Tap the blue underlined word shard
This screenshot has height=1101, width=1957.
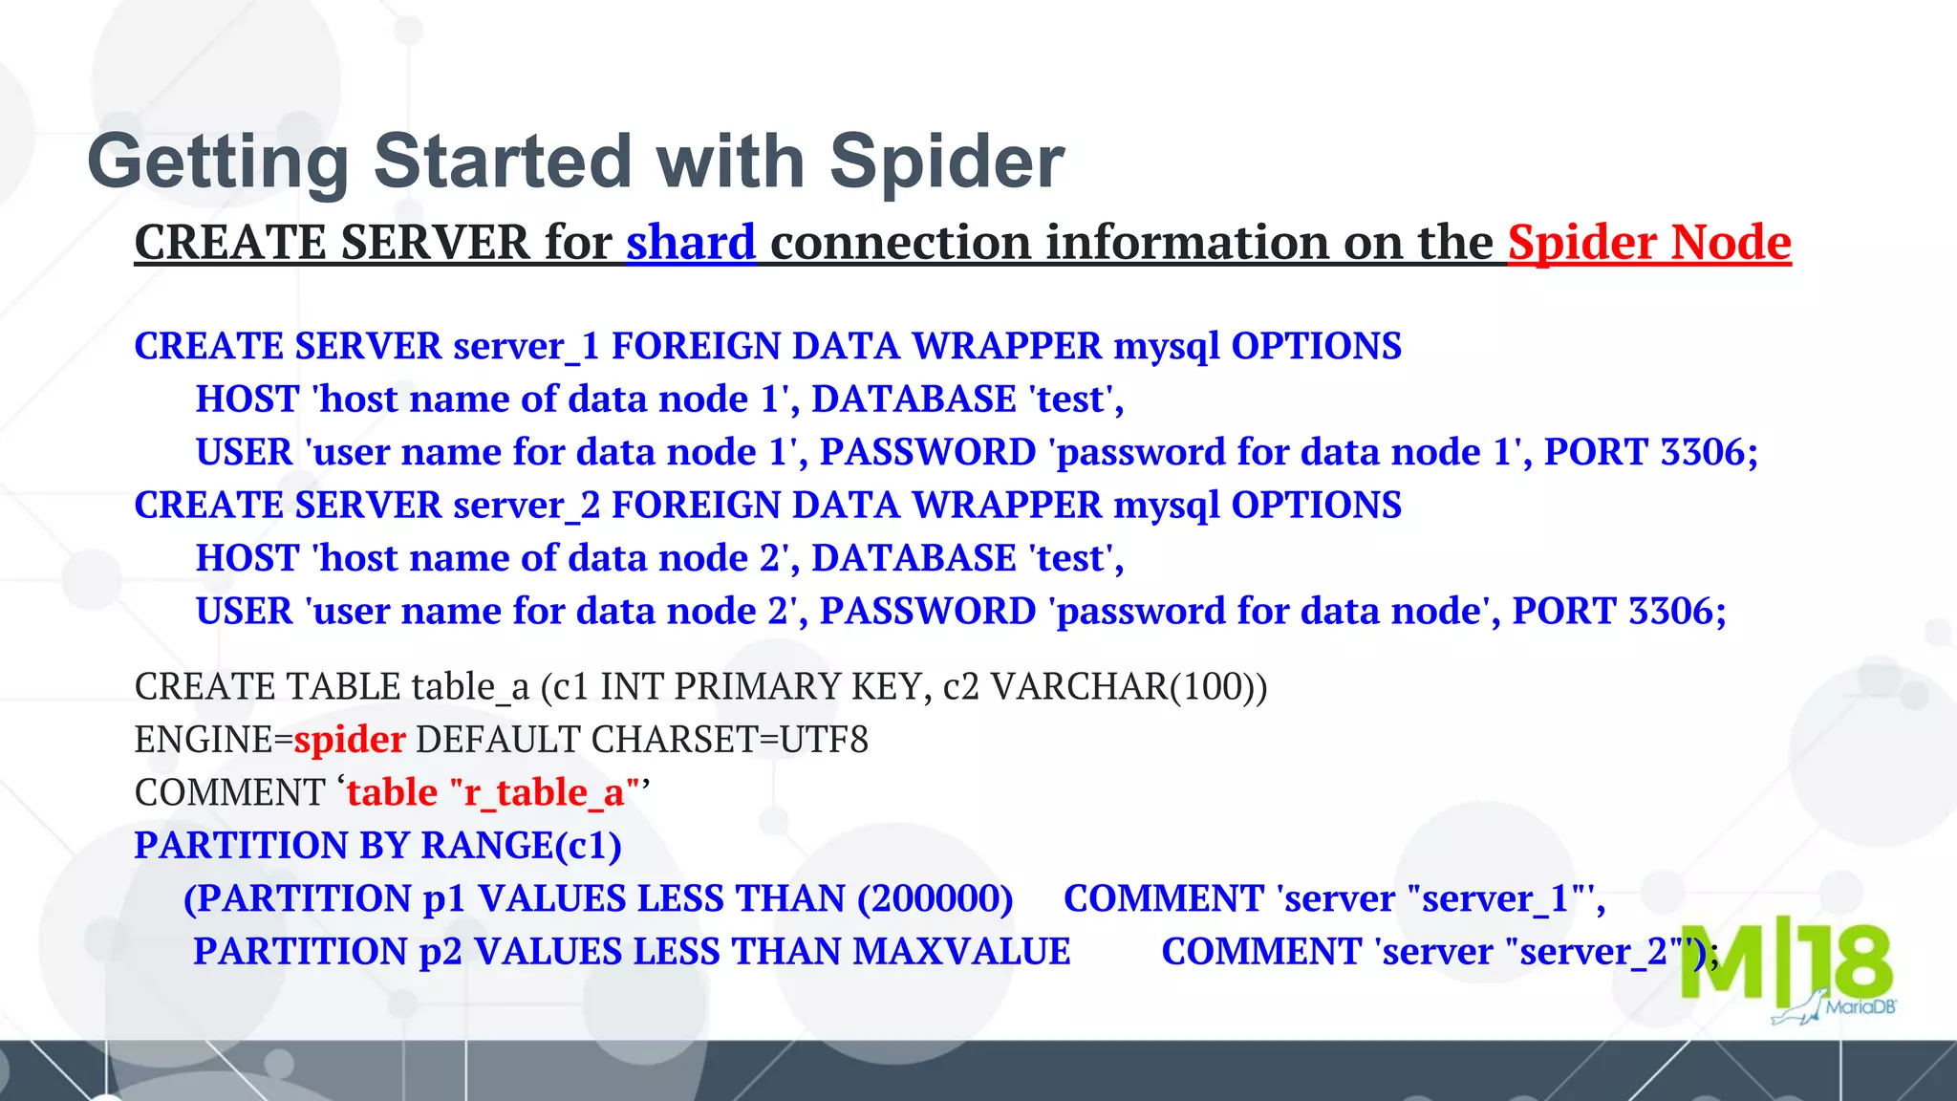click(691, 243)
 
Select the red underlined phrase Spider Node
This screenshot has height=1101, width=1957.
click(1649, 243)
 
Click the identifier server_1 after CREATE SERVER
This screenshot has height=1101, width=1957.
click(526, 347)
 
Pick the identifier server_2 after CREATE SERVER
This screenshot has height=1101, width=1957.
click(526, 506)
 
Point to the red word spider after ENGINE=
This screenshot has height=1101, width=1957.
click(350, 741)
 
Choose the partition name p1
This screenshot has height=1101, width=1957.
click(444, 899)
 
